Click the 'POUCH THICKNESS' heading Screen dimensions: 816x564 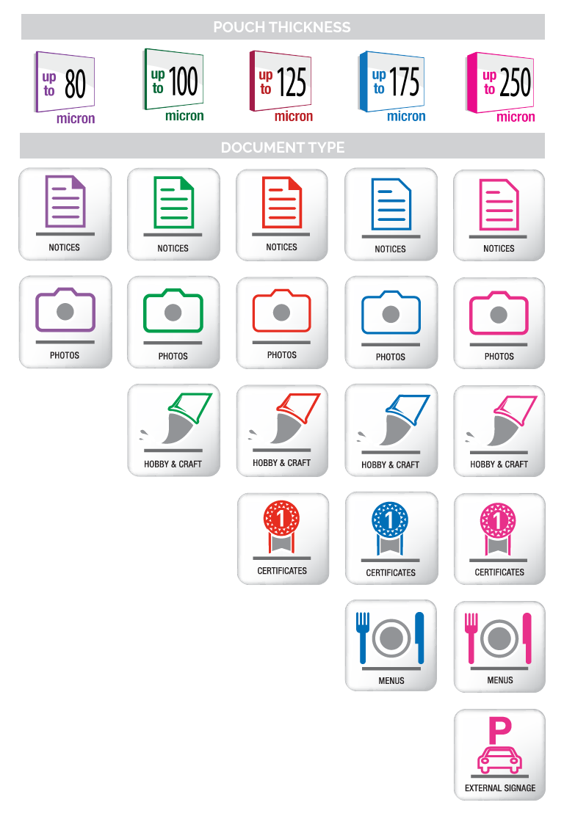coord(282,27)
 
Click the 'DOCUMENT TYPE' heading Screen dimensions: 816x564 coord(283,147)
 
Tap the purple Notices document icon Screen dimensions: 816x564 coord(65,201)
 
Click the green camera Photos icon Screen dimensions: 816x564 coord(173,311)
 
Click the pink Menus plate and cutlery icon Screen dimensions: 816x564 coord(499,637)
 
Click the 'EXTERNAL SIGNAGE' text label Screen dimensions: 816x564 coord(500,788)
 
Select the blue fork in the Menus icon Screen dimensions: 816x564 coord(363,635)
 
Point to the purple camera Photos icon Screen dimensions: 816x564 coord(65,311)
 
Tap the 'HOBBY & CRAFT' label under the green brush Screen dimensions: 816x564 coord(173,464)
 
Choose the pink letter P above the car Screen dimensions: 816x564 coord(499,730)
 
